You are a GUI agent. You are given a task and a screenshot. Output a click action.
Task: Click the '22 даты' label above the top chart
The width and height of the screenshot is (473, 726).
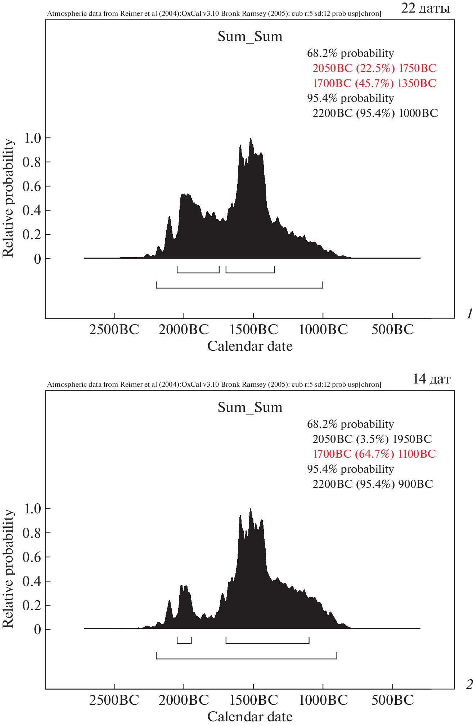425,8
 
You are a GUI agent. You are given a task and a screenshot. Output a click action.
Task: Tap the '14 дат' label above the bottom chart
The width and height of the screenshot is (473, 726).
431,379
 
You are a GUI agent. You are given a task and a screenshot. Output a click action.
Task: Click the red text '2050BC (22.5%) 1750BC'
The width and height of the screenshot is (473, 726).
374,68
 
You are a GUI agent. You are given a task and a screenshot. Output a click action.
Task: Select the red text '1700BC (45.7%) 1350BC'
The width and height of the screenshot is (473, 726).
374,83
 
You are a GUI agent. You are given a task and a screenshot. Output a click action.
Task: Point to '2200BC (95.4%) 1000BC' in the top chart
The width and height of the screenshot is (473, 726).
375,113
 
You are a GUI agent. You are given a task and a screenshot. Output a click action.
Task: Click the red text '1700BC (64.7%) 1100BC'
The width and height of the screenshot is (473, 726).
374,454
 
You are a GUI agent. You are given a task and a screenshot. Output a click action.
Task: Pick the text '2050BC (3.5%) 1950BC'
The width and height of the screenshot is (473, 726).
372,439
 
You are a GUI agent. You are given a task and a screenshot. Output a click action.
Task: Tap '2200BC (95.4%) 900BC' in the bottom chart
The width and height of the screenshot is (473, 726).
373,484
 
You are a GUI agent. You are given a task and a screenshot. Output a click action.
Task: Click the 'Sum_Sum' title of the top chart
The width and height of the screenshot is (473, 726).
250,36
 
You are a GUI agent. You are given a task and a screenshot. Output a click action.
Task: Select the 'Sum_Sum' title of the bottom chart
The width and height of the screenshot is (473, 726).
250,407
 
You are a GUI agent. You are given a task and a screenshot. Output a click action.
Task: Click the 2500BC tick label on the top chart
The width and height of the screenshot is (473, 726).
114,329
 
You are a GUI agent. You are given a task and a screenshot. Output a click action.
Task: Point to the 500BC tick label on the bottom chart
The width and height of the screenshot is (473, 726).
393,700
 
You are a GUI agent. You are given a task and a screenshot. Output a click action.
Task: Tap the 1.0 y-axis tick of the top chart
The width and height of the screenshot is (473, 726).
32,138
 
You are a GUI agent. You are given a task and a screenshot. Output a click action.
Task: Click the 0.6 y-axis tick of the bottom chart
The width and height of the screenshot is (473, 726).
32,557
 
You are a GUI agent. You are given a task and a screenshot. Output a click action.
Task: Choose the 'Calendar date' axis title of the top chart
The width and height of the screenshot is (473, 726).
250,346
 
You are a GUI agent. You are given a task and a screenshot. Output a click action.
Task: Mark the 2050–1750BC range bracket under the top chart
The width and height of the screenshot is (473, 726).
198,272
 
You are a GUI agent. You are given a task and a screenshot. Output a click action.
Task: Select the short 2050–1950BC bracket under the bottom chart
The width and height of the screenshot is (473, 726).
184,643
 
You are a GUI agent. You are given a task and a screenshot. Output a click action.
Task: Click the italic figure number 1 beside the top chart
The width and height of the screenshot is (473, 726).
469,314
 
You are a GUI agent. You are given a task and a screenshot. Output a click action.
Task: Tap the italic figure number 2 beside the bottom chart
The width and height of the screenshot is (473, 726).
469,685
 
